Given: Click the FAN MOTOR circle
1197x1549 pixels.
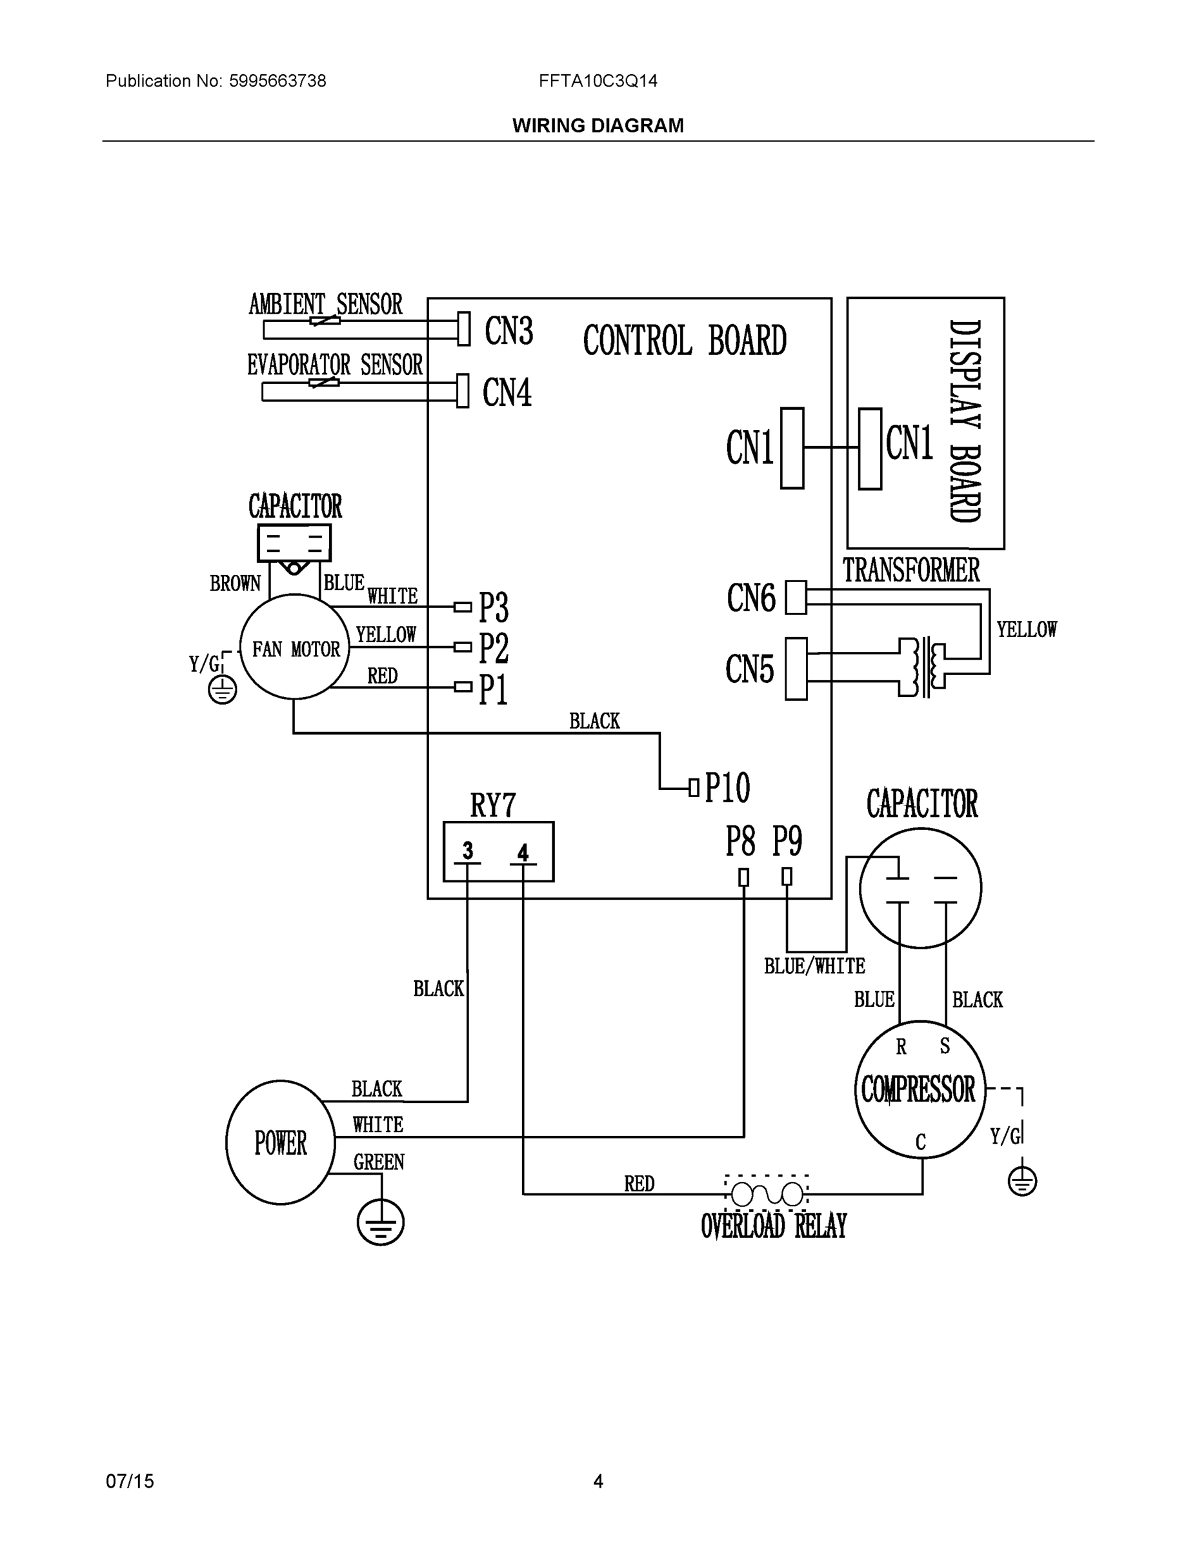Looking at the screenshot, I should tap(294, 647).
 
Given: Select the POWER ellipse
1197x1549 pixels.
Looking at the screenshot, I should tap(280, 1142).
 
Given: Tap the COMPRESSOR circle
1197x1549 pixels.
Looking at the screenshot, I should tap(920, 1089).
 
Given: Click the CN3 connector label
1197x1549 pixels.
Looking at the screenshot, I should tap(508, 330).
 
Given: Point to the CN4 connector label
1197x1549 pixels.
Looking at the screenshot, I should tap(507, 392).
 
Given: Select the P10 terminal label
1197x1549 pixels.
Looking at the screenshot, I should tap(727, 787).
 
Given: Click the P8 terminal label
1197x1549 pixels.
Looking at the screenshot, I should tap(739, 841).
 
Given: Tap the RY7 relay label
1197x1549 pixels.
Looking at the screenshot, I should tap(493, 805).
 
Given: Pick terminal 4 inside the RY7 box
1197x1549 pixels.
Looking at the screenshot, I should tap(523, 853).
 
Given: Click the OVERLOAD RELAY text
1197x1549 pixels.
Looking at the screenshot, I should tap(774, 1226).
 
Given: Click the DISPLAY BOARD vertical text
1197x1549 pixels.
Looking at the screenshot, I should tap(965, 421).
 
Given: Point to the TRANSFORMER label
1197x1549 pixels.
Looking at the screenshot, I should tap(910, 571).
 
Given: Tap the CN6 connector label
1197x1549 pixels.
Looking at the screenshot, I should tap(750, 598).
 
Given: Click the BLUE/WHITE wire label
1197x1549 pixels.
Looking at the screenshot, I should tap(814, 966).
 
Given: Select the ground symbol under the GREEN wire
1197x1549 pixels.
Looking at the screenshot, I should tap(381, 1222).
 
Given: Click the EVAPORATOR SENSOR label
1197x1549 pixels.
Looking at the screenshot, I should tap(335, 365).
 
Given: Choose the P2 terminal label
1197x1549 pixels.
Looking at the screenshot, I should tap(494, 647).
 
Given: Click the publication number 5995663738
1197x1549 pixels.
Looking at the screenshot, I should tap(277, 81).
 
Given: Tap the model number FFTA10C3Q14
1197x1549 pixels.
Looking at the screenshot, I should tap(598, 81).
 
